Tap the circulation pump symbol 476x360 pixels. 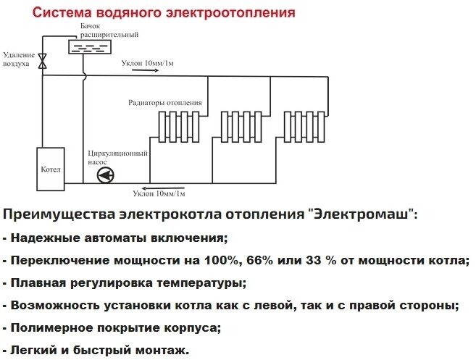pos(107,175)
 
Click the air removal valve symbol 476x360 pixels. pos(43,60)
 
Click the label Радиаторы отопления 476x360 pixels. pos(164,102)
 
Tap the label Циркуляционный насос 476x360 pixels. pos(117,157)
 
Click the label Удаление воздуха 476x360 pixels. pos(17,59)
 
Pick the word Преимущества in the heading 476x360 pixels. pos(59,215)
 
